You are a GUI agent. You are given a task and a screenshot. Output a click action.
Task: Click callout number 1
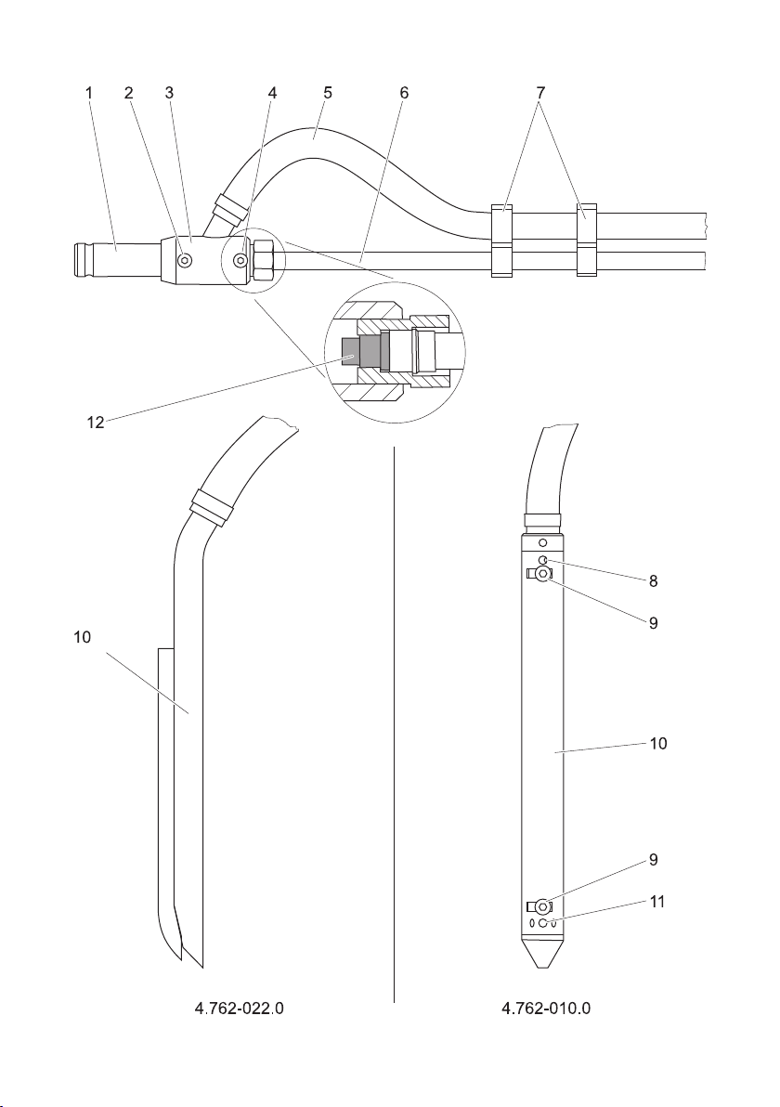pyautogui.click(x=89, y=93)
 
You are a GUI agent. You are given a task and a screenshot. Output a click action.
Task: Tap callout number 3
pyautogui.click(x=169, y=93)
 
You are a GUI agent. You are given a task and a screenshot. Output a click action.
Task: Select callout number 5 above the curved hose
pyautogui.click(x=328, y=93)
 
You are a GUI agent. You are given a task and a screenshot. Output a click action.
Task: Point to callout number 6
pyautogui.click(x=404, y=93)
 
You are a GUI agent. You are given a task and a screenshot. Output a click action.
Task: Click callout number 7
pyautogui.click(x=540, y=93)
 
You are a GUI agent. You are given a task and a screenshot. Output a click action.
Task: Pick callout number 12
pyautogui.click(x=96, y=423)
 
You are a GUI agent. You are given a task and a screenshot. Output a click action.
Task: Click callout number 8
pyautogui.click(x=653, y=580)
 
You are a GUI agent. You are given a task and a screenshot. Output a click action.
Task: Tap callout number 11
pyautogui.click(x=657, y=902)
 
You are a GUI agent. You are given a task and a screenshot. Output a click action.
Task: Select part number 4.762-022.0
pyautogui.click(x=239, y=1008)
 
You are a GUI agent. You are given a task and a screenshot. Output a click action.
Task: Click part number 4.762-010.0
pyautogui.click(x=546, y=1008)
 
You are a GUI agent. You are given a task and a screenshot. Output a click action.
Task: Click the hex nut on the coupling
pyautogui.click(x=264, y=260)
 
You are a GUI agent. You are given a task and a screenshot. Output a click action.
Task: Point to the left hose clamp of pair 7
pyautogui.click(x=501, y=240)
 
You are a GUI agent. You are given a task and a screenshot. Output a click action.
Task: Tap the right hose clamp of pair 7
pyautogui.click(x=587, y=240)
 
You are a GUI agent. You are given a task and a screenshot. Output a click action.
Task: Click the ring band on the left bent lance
pyautogui.click(x=210, y=506)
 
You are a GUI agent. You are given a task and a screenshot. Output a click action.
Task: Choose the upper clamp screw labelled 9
pyautogui.click(x=541, y=574)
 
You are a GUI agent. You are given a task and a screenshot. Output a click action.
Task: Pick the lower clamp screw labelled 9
pyautogui.click(x=541, y=905)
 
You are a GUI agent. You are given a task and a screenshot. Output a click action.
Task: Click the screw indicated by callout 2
pyautogui.click(x=184, y=261)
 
